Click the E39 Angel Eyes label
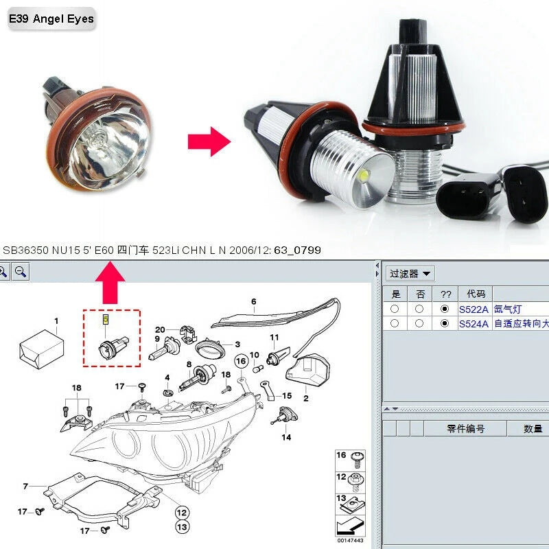tap(50, 19)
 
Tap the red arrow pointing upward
tap(110, 283)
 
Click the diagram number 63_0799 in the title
tap(297, 250)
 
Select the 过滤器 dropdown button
tap(410, 274)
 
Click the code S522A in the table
tap(474, 309)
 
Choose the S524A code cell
tap(474, 323)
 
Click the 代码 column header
tap(475, 294)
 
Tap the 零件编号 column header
tap(465, 428)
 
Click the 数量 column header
tap(533, 428)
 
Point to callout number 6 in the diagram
tap(253, 301)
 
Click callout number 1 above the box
tap(56, 321)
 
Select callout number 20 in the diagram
tap(160, 329)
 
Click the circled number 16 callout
tap(241, 360)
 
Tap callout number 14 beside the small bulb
tap(286, 436)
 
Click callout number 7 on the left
tap(25, 487)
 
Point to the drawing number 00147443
tap(350, 541)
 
